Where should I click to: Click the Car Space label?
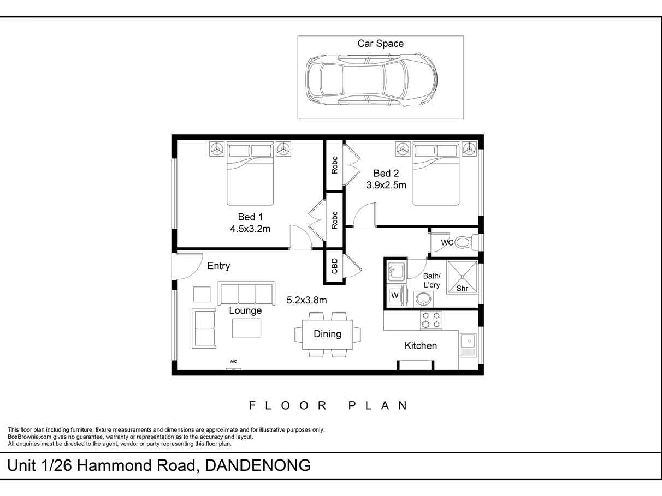(x=380, y=43)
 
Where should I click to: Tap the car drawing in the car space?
(x=371, y=80)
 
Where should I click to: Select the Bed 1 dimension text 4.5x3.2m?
(x=250, y=229)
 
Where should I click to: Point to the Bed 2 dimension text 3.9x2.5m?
(x=386, y=185)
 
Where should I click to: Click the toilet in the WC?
(x=466, y=242)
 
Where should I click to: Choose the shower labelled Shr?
(x=462, y=277)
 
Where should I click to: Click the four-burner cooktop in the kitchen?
(x=431, y=320)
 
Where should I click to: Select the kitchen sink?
(x=469, y=345)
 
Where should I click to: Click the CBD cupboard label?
(x=334, y=266)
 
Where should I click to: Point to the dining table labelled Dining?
(x=328, y=334)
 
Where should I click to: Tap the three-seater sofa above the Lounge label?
(x=246, y=294)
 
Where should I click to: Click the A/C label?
(x=233, y=361)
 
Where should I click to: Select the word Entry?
(x=218, y=266)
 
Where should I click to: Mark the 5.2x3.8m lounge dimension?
(x=307, y=300)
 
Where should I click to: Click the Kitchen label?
(x=421, y=346)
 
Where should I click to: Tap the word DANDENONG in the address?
(x=258, y=465)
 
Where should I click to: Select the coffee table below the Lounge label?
(x=246, y=328)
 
